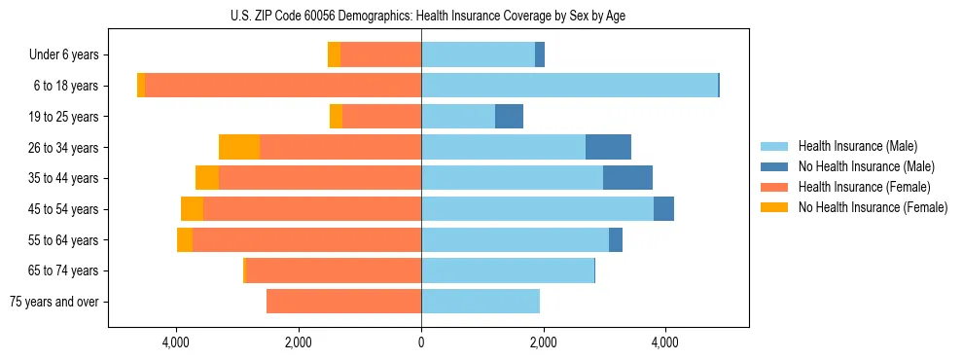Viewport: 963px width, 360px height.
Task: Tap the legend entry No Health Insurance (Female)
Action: tap(873, 207)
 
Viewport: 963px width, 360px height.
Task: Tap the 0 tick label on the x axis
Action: tap(421, 342)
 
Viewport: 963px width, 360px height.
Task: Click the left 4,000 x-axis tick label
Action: tap(176, 342)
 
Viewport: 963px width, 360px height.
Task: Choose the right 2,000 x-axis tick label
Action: tap(543, 342)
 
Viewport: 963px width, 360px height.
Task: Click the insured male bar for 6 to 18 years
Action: tap(569, 86)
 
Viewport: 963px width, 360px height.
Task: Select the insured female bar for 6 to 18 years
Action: tap(282, 86)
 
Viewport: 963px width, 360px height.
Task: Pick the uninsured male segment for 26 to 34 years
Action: tap(608, 147)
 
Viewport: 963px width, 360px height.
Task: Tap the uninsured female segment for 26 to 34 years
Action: tap(239, 147)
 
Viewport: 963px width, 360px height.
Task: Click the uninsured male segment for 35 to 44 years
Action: tap(627, 178)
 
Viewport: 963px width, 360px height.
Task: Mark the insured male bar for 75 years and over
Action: tap(480, 302)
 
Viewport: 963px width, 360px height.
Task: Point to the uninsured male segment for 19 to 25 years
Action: tap(509, 117)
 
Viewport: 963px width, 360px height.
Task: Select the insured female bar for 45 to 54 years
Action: tap(311, 209)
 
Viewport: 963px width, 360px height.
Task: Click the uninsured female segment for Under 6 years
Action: tap(334, 55)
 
